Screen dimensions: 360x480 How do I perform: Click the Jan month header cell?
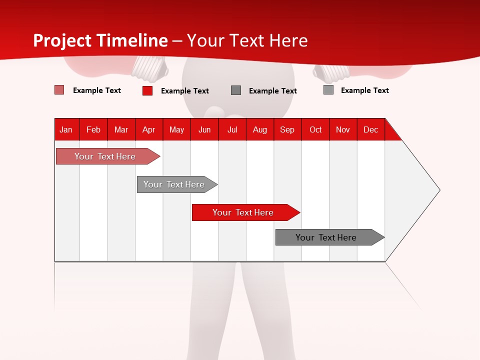coord(66,129)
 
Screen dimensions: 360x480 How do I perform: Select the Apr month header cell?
coord(149,129)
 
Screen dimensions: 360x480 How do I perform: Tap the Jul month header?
coord(232,129)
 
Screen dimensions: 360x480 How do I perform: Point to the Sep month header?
coord(287,129)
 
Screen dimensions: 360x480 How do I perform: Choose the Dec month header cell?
coord(370,129)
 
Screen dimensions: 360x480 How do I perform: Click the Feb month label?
coord(93,129)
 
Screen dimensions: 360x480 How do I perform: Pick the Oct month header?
coord(315,129)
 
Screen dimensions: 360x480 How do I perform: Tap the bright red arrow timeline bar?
coord(243,212)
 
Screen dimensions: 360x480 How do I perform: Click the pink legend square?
coord(59,90)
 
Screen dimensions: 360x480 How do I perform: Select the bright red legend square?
coord(147,90)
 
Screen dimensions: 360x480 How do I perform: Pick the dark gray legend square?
coord(236,90)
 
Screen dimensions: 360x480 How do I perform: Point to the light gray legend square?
coord(328,90)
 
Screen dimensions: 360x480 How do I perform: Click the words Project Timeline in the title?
coord(100,40)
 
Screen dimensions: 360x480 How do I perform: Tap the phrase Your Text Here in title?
coord(247,40)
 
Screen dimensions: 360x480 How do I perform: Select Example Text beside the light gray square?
coord(364,90)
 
